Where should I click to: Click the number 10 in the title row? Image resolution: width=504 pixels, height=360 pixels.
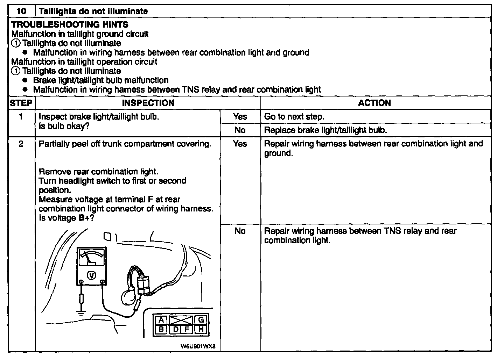click(x=21, y=11)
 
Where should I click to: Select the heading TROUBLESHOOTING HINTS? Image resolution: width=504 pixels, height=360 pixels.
click(x=70, y=24)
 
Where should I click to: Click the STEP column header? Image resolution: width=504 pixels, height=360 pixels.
click(x=21, y=103)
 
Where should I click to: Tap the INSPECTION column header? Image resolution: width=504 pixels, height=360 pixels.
click(x=148, y=103)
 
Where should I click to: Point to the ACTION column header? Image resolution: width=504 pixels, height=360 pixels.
click(x=374, y=103)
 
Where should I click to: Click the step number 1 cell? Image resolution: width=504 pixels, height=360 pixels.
click(x=21, y=117)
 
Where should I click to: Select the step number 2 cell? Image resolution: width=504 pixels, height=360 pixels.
click(x=21, y=144)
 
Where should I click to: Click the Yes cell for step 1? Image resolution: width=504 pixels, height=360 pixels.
click(x=240, y=117)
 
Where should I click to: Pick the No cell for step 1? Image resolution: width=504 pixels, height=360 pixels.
click(x=240, y=130)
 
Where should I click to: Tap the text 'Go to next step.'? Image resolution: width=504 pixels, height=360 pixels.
click(x=294, y=117)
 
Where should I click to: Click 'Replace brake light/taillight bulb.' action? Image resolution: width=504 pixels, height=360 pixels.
click(x=325, y=130)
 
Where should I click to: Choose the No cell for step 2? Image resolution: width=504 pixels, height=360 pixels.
click(x=240, y=231)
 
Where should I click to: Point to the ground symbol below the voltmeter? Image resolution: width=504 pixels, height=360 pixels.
click(x=82, y=312)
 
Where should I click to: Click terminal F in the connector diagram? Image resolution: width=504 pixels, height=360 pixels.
click(x=187, y=329)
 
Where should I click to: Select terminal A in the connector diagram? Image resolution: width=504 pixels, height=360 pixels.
click(x=161, y=320)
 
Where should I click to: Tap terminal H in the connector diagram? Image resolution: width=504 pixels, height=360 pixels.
click(x=201, y=329)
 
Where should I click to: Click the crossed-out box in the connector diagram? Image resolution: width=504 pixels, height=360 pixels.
click(x=181, y=320)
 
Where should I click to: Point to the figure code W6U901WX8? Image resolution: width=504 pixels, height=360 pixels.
click(x=198, y=346)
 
